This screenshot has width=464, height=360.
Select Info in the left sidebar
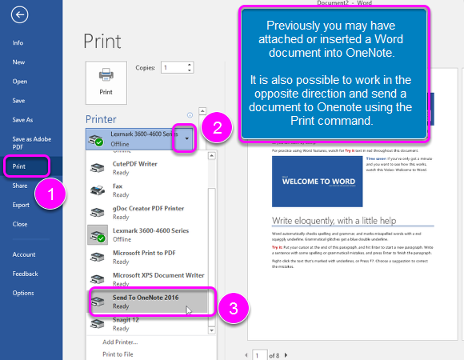pos(18,42)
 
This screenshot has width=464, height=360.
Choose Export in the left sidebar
pos(21,205)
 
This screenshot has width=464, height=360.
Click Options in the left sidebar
pos(23,293)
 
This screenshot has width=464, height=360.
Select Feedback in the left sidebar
pos(25,274)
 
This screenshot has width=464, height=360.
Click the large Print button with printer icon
pos(106,81)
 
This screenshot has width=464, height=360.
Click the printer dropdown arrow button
pos(186,138)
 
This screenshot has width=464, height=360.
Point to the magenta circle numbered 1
pos(52,194)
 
